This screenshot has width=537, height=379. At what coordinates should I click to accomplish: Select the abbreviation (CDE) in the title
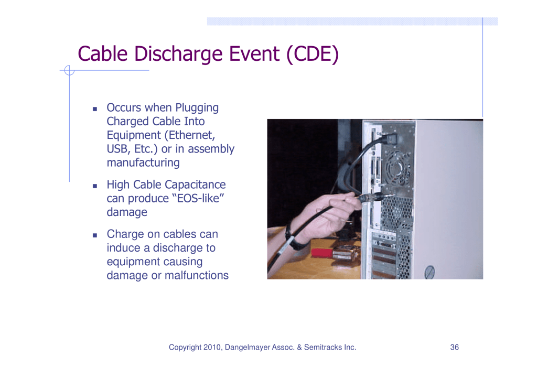[312, 54]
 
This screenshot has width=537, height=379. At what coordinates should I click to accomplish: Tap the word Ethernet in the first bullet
[191, 135]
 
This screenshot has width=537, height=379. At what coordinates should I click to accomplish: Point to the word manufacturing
[143, 163]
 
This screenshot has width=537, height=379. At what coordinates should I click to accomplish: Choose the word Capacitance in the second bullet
[196, 185]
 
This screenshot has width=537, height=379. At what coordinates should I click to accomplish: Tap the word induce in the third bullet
[123, 248]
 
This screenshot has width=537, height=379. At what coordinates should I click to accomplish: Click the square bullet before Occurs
[95, 109]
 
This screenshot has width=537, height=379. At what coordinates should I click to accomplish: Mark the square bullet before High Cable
[95, 186]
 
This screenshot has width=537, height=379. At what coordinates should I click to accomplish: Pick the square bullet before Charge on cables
[95, 235]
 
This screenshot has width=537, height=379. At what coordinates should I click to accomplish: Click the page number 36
[455, 347]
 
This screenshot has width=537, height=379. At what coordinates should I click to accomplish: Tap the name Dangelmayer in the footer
[248, 348]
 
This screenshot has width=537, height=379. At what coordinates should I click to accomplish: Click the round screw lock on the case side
[429, 272]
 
